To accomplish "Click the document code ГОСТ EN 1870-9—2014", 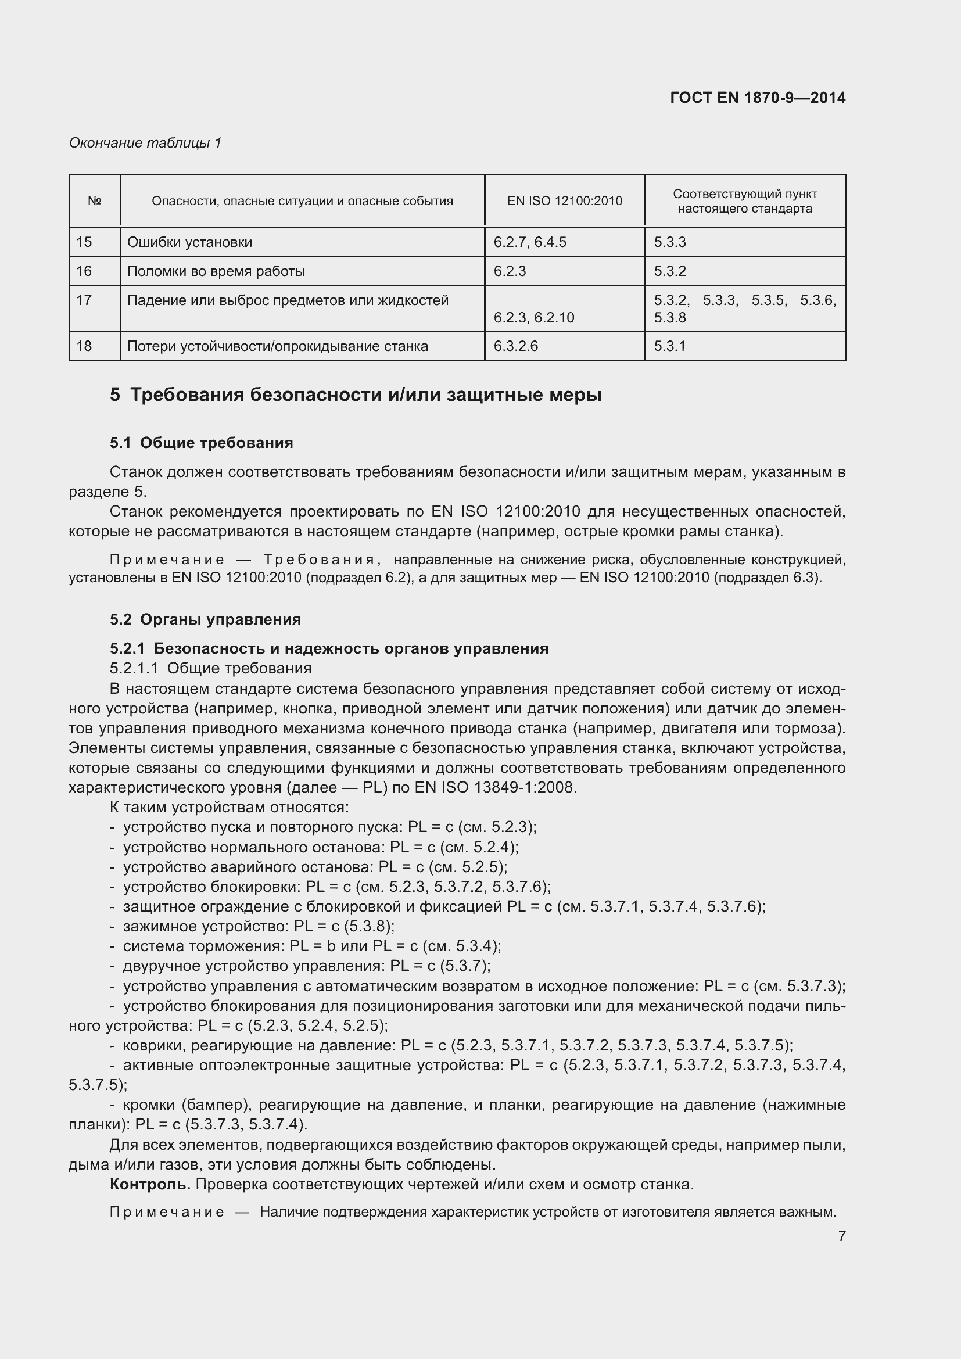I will tap(758, 98).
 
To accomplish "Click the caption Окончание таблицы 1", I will tap(145, 143).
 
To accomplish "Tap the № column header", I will tap(95, 200).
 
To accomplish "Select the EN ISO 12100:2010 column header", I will tap(565, 200).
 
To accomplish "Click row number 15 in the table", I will tap(84, 242).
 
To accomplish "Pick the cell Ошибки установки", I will tap(189, 242).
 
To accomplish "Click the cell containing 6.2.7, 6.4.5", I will tap(530, 242).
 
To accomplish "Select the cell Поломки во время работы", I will tap(216, 271).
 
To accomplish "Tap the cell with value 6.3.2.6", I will tap(515, 346).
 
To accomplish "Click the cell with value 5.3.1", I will tap(669, 346).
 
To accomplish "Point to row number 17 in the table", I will tap(84, 301).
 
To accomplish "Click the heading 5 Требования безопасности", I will tap(355, 395).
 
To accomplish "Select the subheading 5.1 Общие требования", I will tap(201, 443).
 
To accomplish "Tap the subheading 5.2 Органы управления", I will tap(205, 619).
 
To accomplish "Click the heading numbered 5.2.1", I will tap(328, 648).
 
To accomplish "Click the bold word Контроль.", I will tap(150, 1184).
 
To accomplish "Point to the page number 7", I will tap(841, 1236).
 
